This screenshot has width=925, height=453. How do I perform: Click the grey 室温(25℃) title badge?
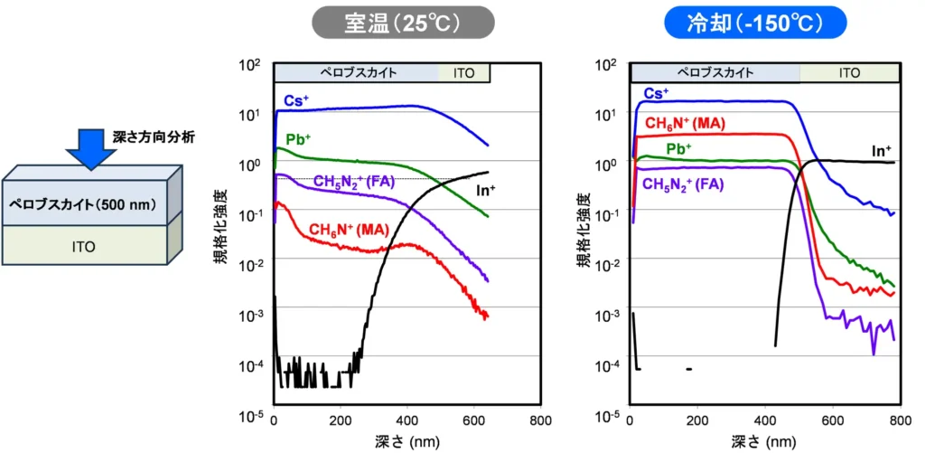pos(403,23)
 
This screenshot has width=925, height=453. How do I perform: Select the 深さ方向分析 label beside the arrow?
pos(154,137)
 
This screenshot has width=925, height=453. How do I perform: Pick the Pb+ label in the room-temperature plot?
pos(297,140)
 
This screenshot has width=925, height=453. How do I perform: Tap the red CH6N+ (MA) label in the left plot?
pos(348,231)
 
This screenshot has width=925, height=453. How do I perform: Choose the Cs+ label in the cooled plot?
pos(656,92)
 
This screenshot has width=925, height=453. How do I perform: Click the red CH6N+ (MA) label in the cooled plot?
pos(685,122)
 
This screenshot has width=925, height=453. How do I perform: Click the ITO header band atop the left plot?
pos(464,73)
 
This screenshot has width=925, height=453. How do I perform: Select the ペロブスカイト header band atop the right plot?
pos(715,72)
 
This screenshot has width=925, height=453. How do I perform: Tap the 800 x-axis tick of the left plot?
pos(540,421)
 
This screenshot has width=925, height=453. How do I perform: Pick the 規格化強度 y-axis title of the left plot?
pos(233,239)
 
